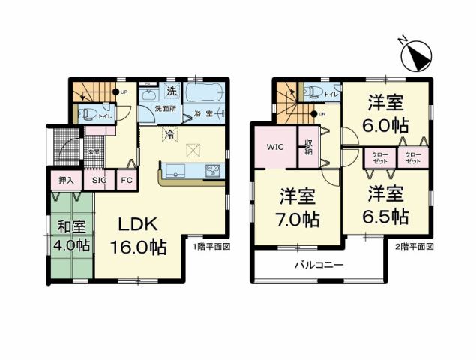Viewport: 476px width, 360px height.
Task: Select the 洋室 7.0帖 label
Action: point(298,209)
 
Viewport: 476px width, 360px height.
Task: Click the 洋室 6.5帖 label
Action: point(387,205)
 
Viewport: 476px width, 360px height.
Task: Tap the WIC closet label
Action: point(274,147)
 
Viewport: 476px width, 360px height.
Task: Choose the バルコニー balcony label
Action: point(318,265)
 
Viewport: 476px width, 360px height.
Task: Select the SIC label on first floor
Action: point(100,181)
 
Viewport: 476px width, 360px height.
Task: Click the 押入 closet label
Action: point(65,181)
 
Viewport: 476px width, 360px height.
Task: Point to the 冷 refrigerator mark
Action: point(170,134)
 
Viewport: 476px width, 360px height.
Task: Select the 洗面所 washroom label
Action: point(165,109)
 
